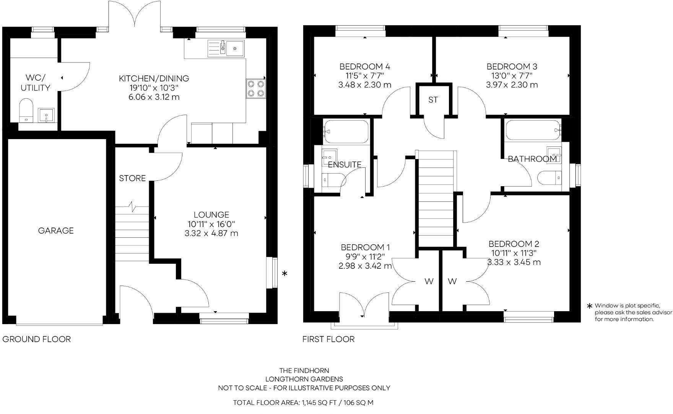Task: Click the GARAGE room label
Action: pos(56,231)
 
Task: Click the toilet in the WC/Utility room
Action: pos(26,110)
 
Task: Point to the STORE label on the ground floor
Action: pos(132,178)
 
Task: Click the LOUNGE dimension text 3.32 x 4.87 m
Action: pos(211,233)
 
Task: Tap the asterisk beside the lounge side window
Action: pos(284,274)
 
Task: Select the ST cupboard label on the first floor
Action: pos(433,100)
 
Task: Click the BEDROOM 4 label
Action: pos(364,67)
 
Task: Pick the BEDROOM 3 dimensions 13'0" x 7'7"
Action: pos(512,76)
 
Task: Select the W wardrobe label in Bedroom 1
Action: pos(429,282)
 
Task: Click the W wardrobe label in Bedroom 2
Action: pos(452,282)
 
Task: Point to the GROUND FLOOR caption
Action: pos(37,339)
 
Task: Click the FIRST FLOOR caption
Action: pos(328,339)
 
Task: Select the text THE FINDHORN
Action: pos(304,370)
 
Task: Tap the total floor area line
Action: pos(303,403)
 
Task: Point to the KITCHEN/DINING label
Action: pos(154,79)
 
